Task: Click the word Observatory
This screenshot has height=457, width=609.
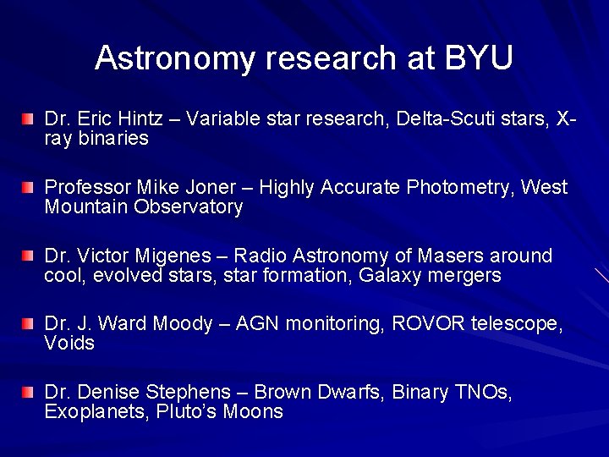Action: click(x=189, y=206)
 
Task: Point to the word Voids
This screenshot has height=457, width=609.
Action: click(x=69, y=344)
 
